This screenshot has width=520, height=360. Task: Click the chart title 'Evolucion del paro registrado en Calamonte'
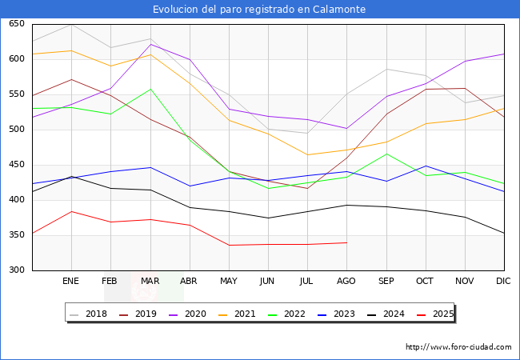pyautogui.click(x=260, y=10)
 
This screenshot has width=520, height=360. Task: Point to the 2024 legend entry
pyautogui.click(x=390, y=314)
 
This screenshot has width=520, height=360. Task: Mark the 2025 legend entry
pyautogui.click(x=439, y=314)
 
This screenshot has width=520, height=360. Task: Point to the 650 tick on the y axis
pyautogui.click(x=15, y=24)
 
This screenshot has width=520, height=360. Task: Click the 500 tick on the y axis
pyautogui.click(x=15, y=130)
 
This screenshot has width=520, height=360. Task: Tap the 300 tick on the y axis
pyautogui.click(x=15, y=270)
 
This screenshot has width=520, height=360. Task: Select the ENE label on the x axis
pyautogui.click(x=70, y=282)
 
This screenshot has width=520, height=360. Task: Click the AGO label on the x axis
pyautogui.click(x=346, y=282)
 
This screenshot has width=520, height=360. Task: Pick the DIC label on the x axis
pyautogui.click(x=503, y=282)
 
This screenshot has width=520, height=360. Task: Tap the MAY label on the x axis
pyautogui.click(x=228, y=282)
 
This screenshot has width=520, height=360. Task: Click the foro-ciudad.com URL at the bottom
pyautogui.click(x=458, y=347)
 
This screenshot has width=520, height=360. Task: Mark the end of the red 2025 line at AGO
pyautogui.click(x=346, y=242)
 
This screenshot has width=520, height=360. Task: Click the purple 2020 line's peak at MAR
pyautogui.click(x=150, y=44)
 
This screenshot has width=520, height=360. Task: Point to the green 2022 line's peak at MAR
pyautogui.click(x=150, y=89)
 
